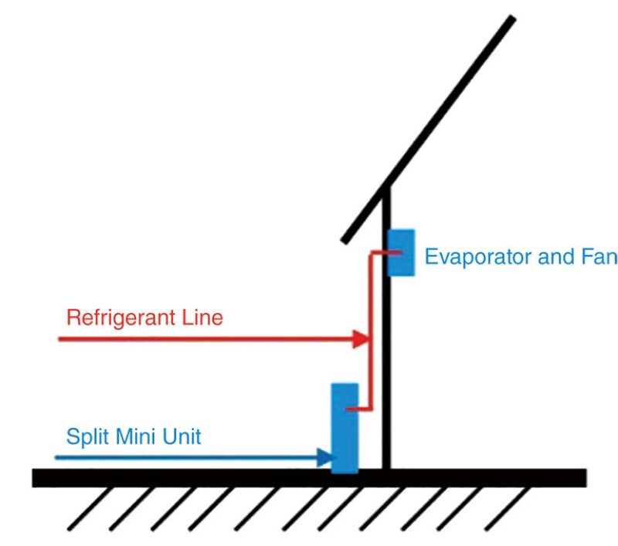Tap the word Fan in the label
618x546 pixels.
pyautogui.click(x=599, y=257)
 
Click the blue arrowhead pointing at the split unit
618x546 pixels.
pyautogui.click(x=324, y=458)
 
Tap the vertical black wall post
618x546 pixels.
pyautogui.click(x=387, y=348)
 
